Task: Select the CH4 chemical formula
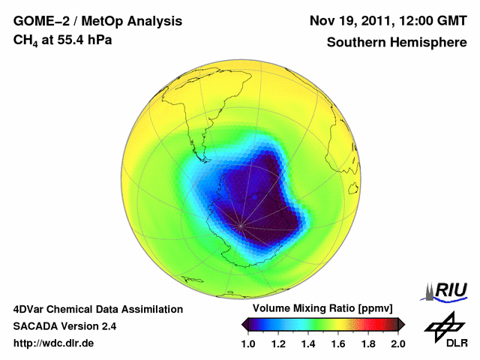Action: (x=26, y=40)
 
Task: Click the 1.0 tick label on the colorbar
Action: (x=248, y=343)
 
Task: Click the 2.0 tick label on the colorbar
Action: (x=398, y=343)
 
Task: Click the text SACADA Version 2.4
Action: (x=65, y=326)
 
